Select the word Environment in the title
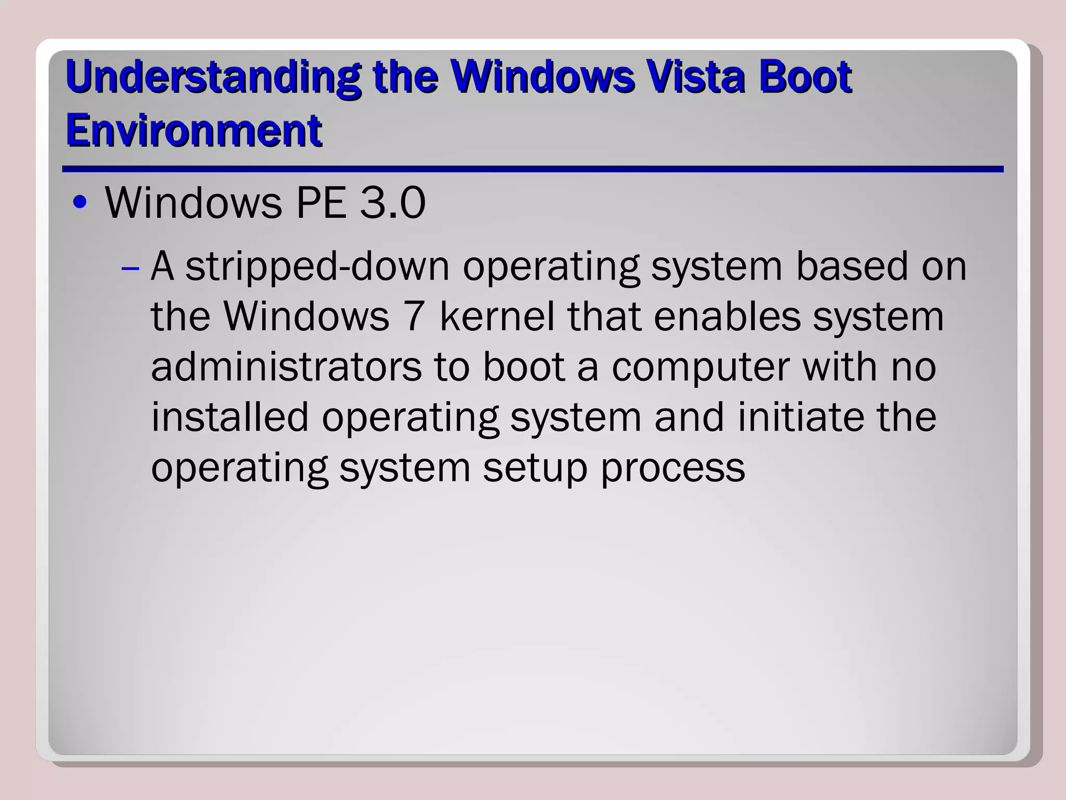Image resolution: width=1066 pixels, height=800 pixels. pos(194,130)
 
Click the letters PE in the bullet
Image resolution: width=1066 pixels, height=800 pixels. pos(321,203)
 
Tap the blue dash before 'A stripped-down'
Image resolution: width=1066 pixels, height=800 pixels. pos(130,269)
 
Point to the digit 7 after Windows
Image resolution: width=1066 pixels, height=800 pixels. pos(414,316)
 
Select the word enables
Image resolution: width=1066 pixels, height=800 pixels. pos(727,316)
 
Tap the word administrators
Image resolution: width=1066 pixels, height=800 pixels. pos(286,367)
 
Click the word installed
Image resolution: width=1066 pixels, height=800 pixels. pos(230,417)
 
